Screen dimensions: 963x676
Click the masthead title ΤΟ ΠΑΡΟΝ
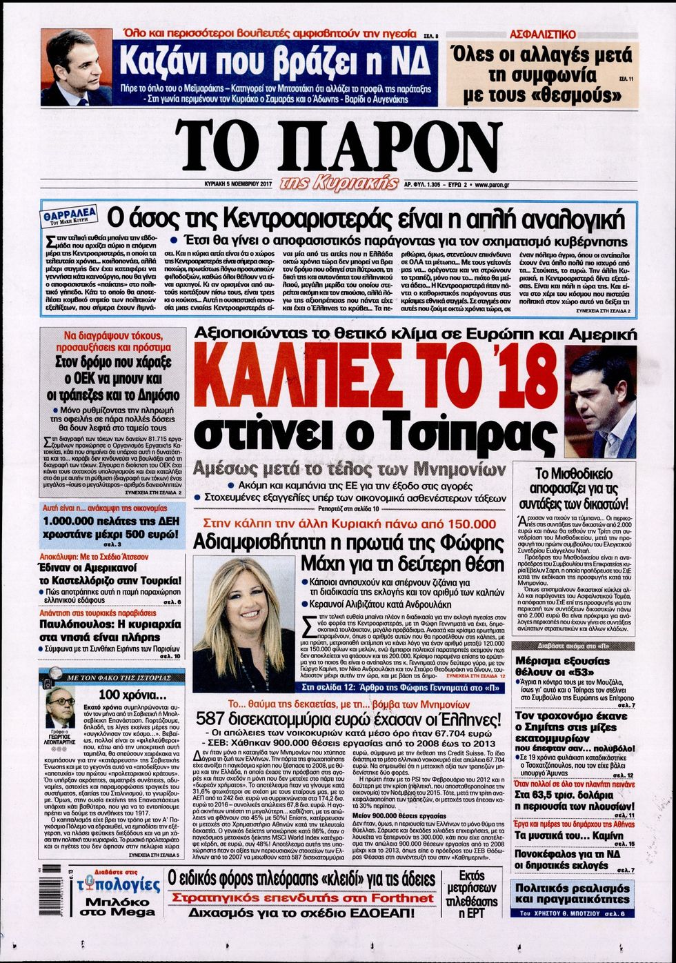click(x=338, y=146)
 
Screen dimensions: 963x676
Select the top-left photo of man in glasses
click(x=76, y=67)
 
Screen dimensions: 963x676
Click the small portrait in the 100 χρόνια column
click(x=60, y=708)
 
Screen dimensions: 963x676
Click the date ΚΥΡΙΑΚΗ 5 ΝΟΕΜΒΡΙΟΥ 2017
click(x=224, y=185)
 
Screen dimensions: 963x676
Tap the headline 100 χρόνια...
click(x=128, y=694)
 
